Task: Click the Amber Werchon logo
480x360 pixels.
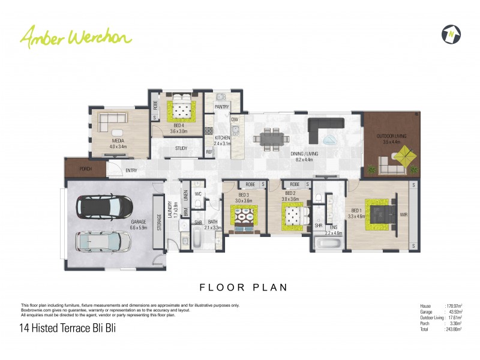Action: pos(76,37)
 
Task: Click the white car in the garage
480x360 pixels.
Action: pos(101,242)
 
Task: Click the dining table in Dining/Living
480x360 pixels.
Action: pos(269,138)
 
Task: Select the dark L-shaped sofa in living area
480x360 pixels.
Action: pos(324,129)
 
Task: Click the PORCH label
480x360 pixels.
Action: pos(85,169)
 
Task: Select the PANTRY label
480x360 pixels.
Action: pos(222,107)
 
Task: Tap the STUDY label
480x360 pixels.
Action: pos(181,148)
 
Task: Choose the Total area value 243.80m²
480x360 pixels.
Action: pos(452,329)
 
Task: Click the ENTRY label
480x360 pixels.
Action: pos(131,171)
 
